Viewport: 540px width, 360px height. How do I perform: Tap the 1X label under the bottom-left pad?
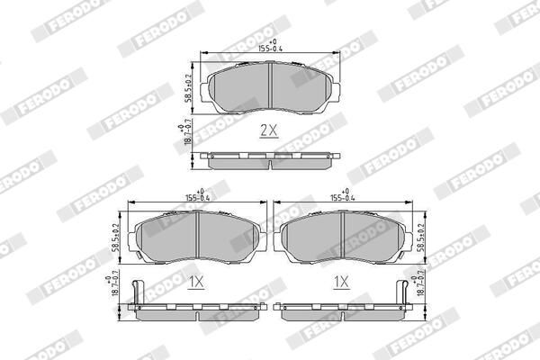197,282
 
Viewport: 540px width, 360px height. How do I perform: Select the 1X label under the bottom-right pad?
341,282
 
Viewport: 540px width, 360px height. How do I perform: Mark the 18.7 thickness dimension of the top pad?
187,138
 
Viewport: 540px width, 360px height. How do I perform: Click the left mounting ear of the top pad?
210,90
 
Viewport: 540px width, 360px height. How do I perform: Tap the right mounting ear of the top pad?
335,90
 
